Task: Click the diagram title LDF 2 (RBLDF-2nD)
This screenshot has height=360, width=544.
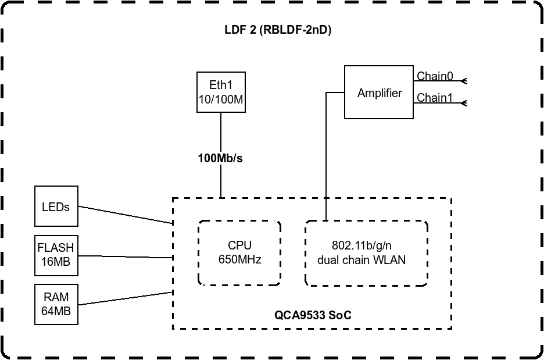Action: pos(278,30)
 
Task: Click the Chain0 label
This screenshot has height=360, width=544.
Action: pos(435,76)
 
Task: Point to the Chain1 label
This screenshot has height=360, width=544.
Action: pos(435,98)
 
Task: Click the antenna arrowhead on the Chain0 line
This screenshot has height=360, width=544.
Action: pos(464,81)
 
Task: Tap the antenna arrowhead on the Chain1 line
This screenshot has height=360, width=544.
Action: pos(464,103)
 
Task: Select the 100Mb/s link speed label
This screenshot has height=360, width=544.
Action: pos(220,158)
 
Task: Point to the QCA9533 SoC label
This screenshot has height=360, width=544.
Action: pos(313,315)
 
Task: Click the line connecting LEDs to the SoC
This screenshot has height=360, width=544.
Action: pos(126,215)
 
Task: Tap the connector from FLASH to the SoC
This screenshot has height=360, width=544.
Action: pos(126,257)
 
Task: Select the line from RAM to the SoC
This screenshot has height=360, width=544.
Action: pos(126,298)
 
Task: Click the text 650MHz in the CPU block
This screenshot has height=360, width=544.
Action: pos(239,259)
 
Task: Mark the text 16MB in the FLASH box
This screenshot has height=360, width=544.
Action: pos(56,262)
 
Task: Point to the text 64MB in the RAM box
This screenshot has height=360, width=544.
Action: pos(56,311)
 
